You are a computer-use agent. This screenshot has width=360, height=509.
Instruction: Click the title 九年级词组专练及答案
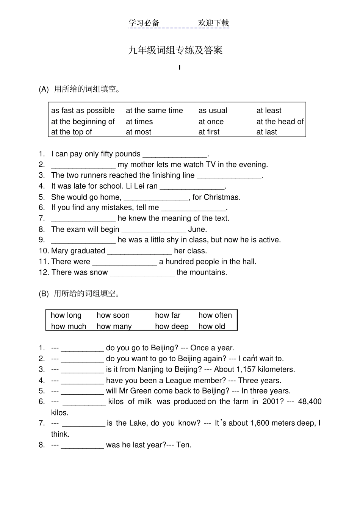175,50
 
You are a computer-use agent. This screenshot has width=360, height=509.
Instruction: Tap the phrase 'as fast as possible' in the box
83,111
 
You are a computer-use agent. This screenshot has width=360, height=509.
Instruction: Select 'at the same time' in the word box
154,111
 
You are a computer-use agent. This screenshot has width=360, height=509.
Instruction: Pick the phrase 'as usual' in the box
213,111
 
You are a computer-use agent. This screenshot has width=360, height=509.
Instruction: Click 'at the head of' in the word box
280,122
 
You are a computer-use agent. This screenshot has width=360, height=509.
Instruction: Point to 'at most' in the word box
138,132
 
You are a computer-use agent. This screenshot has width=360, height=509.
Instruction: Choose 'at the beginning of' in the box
83,122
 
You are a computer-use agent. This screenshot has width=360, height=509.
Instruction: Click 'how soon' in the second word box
113,315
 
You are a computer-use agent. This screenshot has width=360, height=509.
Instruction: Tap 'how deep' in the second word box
172,326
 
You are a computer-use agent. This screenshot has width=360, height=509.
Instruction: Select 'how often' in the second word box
215,315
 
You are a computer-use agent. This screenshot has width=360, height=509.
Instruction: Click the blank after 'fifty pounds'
175,155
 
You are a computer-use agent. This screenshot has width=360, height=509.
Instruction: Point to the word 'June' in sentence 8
197,230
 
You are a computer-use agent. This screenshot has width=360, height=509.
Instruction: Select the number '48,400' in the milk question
310,402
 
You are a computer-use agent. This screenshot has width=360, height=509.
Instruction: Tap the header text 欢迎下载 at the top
213,23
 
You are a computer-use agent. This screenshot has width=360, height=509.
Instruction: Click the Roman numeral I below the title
179,68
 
